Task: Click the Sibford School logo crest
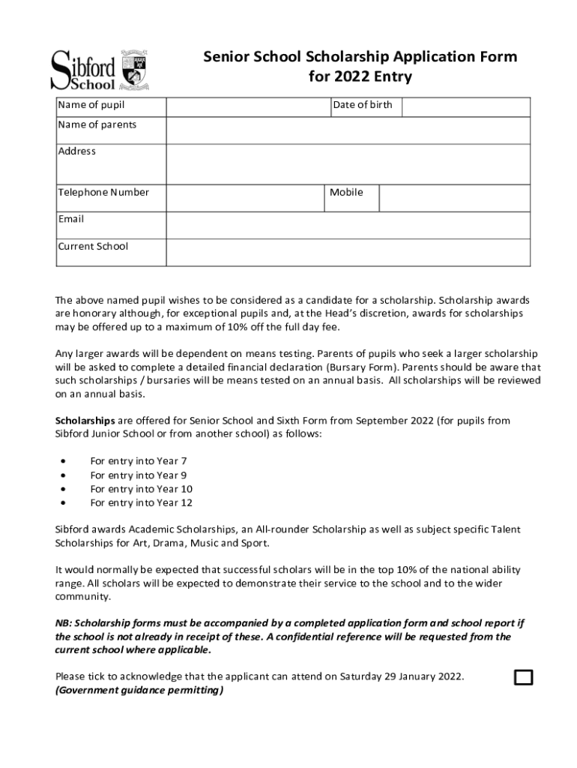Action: [x=136, y=70]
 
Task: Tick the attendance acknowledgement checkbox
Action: [x=523, y=677]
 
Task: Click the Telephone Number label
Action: [x=103, y=193]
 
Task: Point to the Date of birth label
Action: [x=363, y=105]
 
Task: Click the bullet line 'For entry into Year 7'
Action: [x=139, y=461]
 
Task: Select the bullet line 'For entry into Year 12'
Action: [x=141, y=503]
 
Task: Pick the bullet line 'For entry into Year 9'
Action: [x=139, y=475]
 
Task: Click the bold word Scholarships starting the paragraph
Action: [x=85, y=421]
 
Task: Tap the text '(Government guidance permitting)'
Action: [x=139, y=691]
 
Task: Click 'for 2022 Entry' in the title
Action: [x=360, y=77]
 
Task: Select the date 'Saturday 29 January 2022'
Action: [x=402, y=676]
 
